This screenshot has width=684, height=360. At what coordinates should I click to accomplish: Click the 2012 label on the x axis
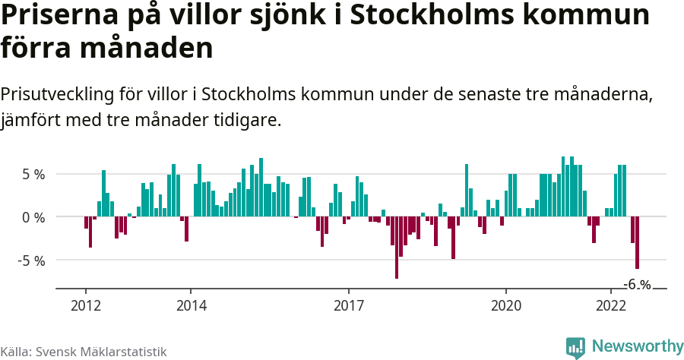click(85, 306)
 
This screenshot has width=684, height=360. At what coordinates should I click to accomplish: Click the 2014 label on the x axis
click(191, 306)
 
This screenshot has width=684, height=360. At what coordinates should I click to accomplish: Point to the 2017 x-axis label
click(348, 306)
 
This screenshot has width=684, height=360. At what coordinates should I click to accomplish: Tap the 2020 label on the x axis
click(506, 306)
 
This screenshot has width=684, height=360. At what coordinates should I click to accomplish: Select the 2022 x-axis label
click(611, 306)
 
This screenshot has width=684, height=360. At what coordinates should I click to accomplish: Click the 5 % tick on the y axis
click(33, 174)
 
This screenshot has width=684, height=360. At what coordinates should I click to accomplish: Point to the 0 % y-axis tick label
click(33, 217)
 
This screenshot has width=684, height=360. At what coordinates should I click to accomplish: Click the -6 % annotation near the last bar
click(637, 285)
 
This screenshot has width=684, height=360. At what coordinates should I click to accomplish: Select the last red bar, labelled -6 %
click(637, 242)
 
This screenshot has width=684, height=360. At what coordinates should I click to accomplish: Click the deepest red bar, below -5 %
click(396, 248)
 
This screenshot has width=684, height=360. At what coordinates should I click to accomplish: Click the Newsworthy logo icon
click(575, 347)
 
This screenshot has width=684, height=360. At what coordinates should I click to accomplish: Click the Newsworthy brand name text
click(637, 346)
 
